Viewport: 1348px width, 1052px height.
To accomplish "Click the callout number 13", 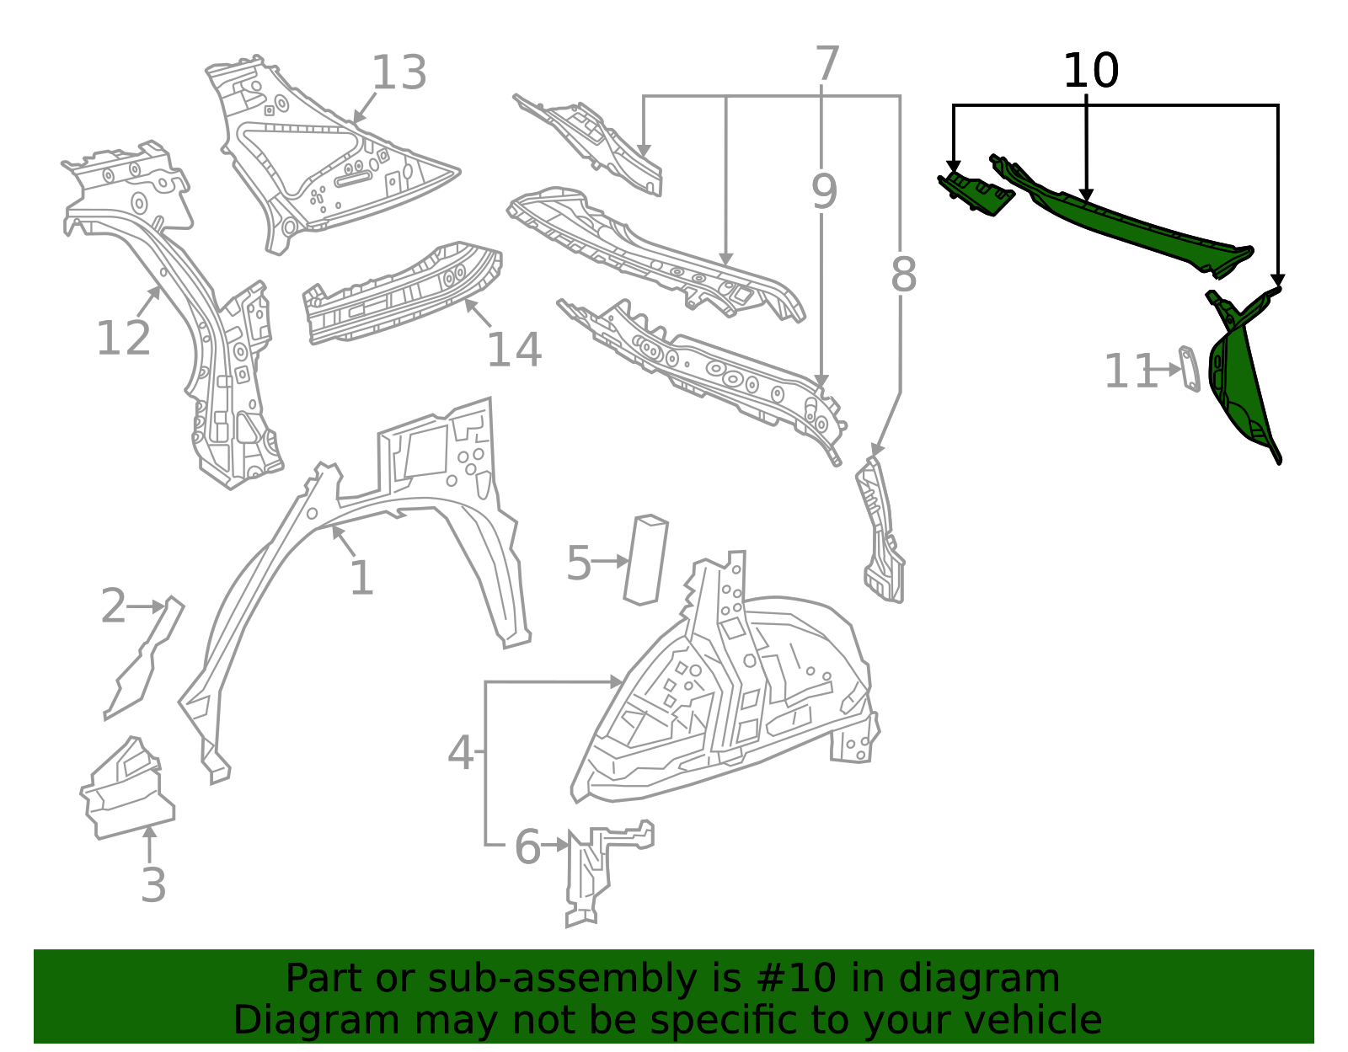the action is pos(399,72).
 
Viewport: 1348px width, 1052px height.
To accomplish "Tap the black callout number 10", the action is pos(1091,71).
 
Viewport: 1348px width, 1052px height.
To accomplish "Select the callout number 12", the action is pos(124,339).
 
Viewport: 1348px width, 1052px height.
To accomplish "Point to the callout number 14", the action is pos(514,350).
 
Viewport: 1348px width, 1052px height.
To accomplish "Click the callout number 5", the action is pos(579,563).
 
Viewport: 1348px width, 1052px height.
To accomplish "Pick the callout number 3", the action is pos(153,885).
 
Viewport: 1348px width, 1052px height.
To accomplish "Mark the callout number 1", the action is pos(361,579).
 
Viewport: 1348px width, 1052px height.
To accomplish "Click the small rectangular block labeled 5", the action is pos(645,560).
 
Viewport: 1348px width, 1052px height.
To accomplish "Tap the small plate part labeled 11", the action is pos(1190,370).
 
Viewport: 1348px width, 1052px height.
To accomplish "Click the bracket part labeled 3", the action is pos(127,788).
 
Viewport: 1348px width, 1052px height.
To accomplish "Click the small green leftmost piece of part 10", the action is pos(976,195).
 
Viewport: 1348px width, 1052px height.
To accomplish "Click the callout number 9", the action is pos(825,191).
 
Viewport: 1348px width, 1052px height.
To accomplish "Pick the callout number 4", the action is pos(460,753).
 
